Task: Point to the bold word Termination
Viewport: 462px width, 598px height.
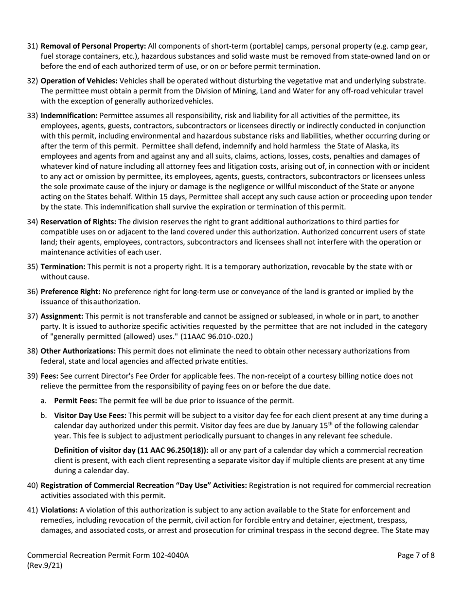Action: (63, 266)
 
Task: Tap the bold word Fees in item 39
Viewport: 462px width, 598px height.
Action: (50, 376)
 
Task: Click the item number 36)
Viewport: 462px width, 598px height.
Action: (32, 292)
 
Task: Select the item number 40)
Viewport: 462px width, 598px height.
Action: (32, 485)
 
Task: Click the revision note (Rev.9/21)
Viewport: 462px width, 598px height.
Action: (45, 565)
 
